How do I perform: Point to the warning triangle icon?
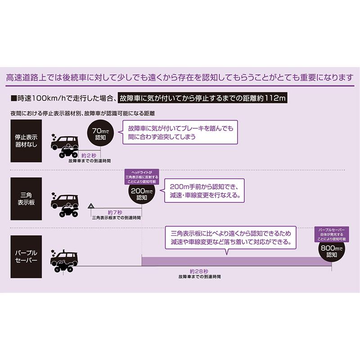pos(91,206)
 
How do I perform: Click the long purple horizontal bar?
pos(237,261)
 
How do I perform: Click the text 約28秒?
pos(199,271)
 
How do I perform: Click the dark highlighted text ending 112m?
pos(202,98)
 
